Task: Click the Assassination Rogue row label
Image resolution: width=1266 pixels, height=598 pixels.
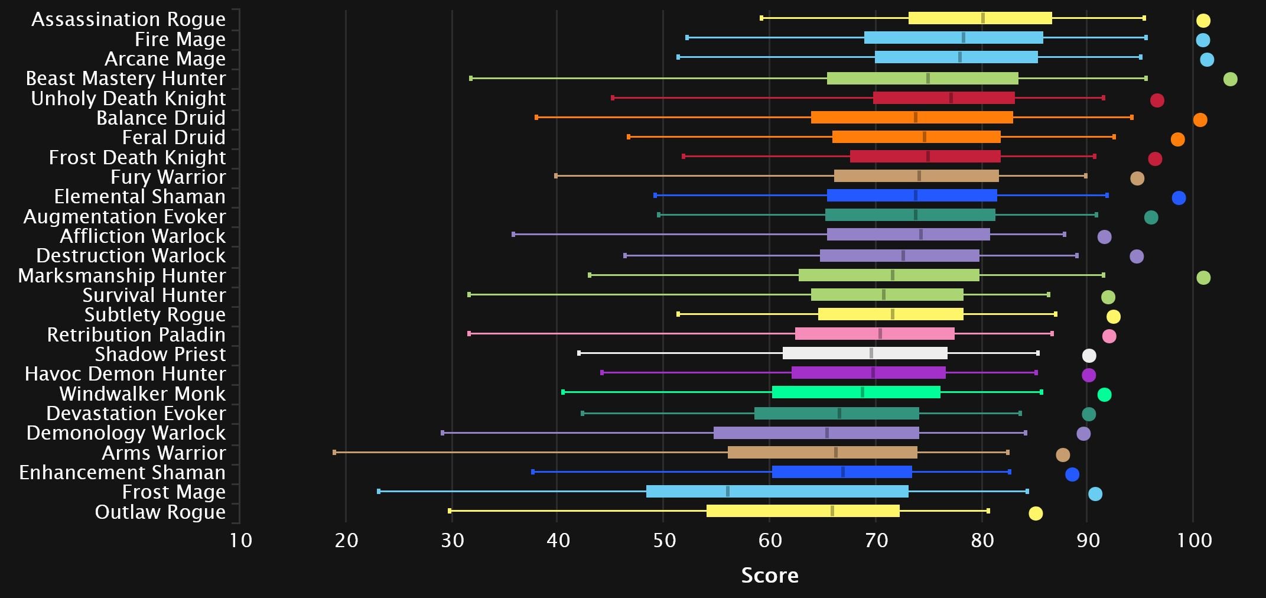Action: coord(128,19)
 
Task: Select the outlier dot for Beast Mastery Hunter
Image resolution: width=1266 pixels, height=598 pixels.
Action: coord(1230,79)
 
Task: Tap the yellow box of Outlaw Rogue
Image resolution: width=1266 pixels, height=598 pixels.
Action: coord(802,511)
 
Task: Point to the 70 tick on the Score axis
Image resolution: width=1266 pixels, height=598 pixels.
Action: coord(876,540)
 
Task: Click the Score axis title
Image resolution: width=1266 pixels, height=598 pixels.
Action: coord(770,575)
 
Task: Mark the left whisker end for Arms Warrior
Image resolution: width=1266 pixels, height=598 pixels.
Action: coord(334,453)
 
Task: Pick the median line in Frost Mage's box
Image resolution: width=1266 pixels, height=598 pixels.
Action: coord(727,492)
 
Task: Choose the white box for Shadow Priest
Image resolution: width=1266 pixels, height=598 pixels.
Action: coord(865,353)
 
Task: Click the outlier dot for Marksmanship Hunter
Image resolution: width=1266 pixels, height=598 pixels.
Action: coord(1203,278)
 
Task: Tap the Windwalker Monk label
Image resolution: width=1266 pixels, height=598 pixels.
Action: coord(142,394)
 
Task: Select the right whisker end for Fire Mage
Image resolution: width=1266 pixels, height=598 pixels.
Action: coord(1145,38)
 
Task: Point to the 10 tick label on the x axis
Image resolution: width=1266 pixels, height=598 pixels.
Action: coord(240,540)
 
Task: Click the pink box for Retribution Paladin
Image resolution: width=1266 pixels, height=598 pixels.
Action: coord(874,334)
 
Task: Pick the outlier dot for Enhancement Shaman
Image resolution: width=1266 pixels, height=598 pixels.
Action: coord(1072,474)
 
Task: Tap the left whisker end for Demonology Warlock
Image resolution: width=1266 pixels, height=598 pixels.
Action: coord(442,433)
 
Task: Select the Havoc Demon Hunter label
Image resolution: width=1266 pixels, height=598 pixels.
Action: coord(125,374)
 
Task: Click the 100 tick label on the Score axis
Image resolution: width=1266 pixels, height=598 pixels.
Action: coord(1194,540)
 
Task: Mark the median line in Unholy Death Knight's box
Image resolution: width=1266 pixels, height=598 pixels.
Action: coord(951,98)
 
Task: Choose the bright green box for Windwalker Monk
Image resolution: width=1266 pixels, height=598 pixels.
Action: coord(855,392)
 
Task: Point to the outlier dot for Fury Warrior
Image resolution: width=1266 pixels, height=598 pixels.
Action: coord(1137,178)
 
